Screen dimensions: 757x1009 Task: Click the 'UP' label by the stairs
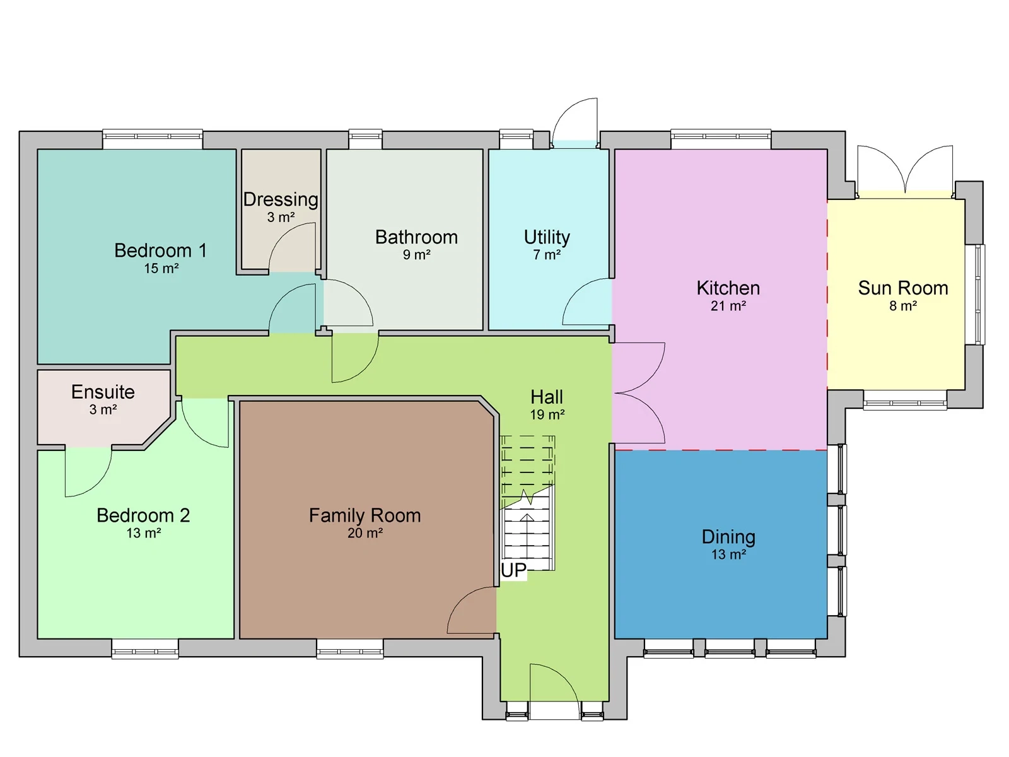(x=513, y=570)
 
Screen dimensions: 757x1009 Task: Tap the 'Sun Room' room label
(x=902, y=288)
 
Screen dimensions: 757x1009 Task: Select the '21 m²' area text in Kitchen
(x=728, y=306)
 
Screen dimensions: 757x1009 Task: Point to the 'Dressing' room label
(x=281, y=199)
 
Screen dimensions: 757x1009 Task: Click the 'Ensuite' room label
(x=103, y=392)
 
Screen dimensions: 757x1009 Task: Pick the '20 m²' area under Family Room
(x=365, y=533)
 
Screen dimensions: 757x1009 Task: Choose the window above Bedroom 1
(x=153, y=139)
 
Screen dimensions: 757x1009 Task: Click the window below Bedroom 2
(x=145, y=649)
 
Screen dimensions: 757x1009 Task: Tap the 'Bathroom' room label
(x=416, y=237)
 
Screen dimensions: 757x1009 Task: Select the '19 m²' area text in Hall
(x=547, y=415)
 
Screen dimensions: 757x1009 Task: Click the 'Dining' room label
(x=728, y=537)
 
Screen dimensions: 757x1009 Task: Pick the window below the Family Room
(x=349, y=649)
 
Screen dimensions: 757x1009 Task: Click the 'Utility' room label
(x=547, y=237)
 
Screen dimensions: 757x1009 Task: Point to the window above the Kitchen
(x=721, y=139)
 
